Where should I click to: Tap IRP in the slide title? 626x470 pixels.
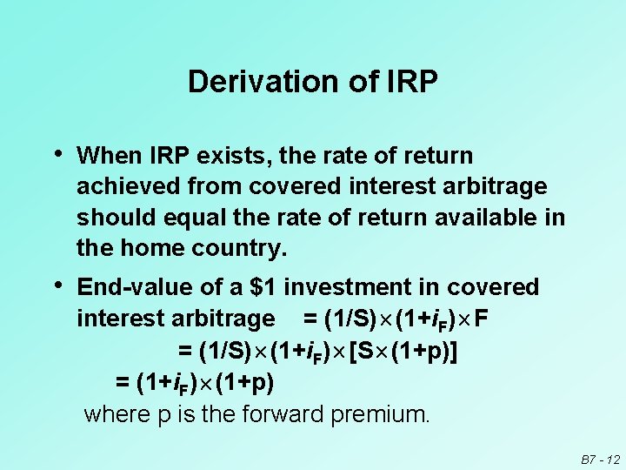tap(407, 82)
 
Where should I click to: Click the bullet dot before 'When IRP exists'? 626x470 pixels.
tap(57, 155)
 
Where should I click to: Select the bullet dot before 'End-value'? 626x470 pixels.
tap(57, 285)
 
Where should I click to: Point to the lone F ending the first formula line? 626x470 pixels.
tap(482, 319)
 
